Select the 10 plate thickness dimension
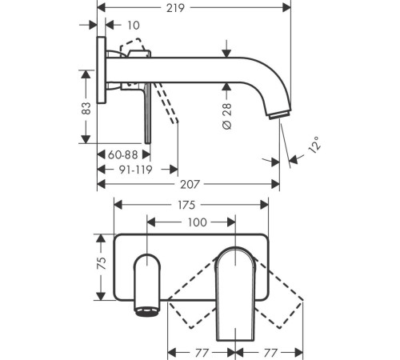(133, 26)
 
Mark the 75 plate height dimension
(101, 267)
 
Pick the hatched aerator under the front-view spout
(147, 310)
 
